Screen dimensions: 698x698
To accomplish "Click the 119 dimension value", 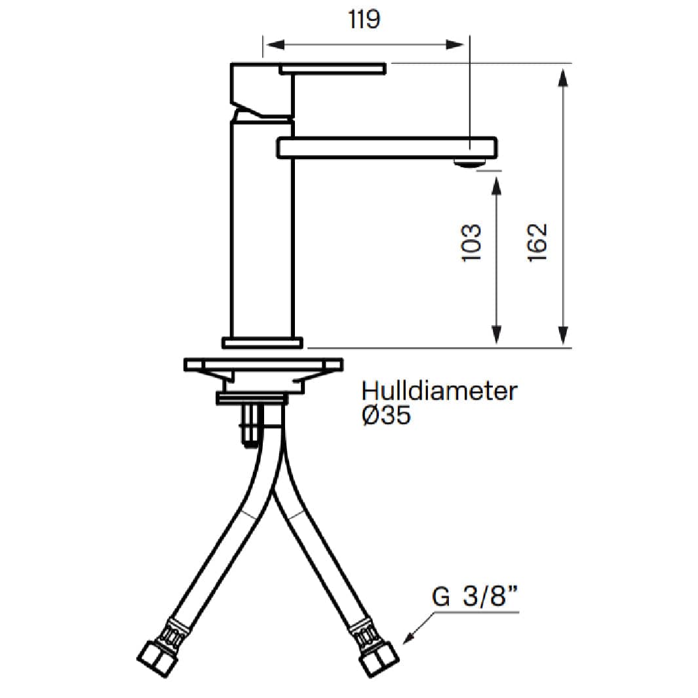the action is click(364, 20).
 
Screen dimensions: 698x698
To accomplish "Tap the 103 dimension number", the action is click(471, 242).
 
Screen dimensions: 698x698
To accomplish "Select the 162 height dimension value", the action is click(537, 242).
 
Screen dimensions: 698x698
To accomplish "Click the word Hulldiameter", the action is click(439, 391).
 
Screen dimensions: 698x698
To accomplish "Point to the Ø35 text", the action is click(386, 416).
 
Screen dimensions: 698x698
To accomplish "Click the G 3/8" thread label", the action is click(475, 596).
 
